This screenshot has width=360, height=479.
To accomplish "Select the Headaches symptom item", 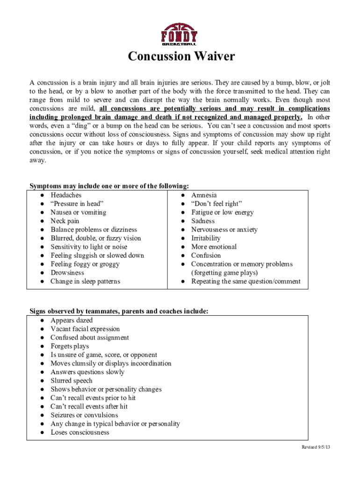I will [x=66, y=195].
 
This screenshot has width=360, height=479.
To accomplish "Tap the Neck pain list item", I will [x=65, y=221].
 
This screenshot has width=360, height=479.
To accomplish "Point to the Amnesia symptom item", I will [x=204, y=195].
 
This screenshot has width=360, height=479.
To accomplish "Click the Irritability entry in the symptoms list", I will [x=206, y=238].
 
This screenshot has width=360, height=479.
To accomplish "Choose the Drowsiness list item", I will [x=67, y=273].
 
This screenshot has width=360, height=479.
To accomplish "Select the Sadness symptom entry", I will [x=203, y=221].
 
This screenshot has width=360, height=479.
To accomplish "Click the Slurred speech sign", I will [x=72, y=381].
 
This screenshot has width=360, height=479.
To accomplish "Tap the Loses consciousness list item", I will [x=79, y=432].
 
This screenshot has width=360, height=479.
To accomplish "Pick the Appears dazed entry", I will [x=72, y=320].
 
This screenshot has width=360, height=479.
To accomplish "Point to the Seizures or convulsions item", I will [x=84, y=415].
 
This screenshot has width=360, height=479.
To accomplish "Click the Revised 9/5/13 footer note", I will [x=316, y=448].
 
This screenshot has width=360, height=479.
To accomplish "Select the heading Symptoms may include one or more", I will [x=109, y=186].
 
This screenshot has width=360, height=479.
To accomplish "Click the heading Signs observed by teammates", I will [x=119, y=311].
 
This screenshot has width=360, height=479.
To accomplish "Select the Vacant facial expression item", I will [x=85, y=329].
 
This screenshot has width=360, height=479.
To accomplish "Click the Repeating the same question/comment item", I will [x=245, y=281].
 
